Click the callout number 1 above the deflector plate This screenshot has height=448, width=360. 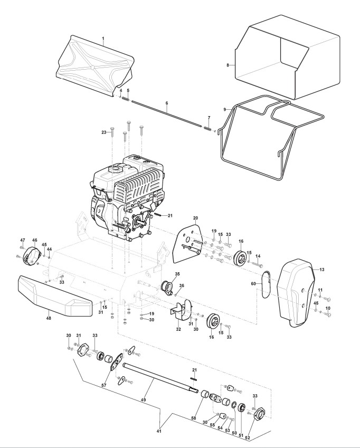click(x=103, y=39)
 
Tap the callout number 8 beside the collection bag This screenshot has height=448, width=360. click(x=228, y=65)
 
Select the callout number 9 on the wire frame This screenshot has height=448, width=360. click(x=224, y=109)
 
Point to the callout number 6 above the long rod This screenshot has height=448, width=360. click(x=167, y=102)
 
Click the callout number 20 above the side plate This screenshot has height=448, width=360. click(x=195, y=218)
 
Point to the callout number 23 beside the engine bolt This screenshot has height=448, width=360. click(x=104, y=132)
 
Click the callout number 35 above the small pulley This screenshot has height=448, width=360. click(x=177, y=274)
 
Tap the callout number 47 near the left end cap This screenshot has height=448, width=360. click(x=23, y=240)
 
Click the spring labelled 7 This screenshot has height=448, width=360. click(x=208, y=127)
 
